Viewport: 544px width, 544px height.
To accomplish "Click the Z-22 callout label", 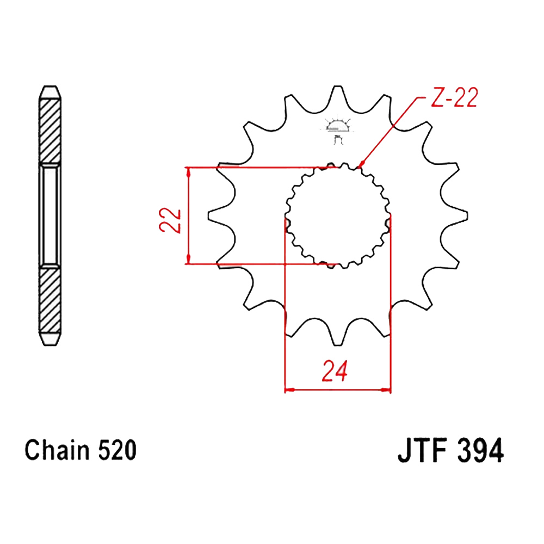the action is point(454,97).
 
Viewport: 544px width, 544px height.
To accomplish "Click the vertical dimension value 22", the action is point(170,220).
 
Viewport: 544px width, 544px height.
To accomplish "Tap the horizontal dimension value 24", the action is point(335,371).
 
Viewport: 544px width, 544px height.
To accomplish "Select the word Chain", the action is point(57,450).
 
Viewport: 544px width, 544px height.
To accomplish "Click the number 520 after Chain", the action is point(118,450).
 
